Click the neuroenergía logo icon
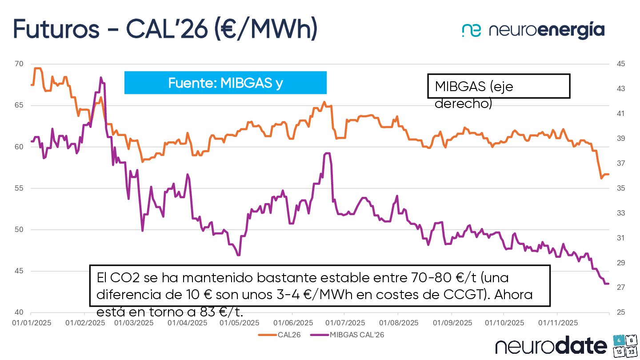[472, 30]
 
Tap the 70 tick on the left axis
[19, 64]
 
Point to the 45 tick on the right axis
[621, 64]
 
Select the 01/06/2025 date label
[293, 323]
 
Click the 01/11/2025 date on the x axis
[558, 323]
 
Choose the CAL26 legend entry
[280, 335]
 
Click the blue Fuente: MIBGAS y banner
[225, 83]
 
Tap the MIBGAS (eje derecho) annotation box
[498, 86]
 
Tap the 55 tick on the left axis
[19, 188]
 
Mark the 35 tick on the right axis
[621, 188]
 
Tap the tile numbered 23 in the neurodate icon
[630, 352]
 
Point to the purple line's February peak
[101, 78]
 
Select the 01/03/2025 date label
[134, 323]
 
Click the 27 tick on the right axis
[621, 288]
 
